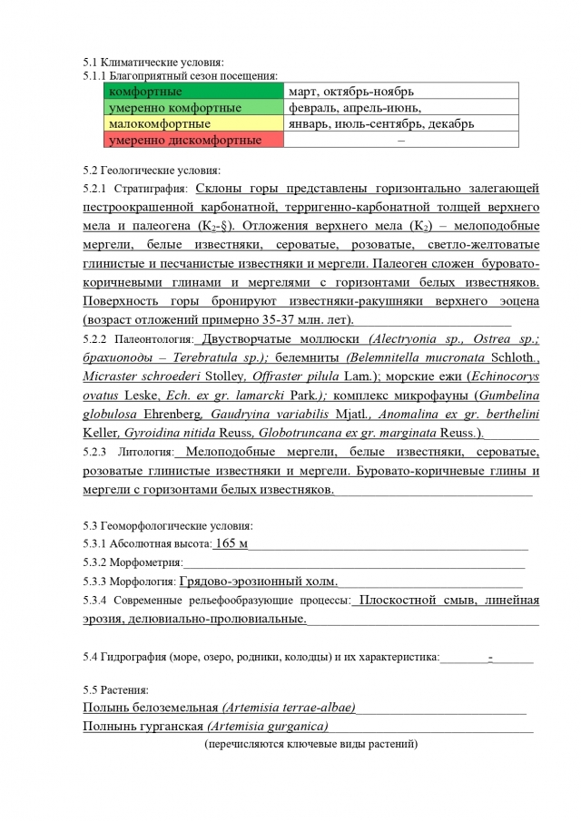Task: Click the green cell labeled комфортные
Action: click(192, 92)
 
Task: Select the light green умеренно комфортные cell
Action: click(192, 108)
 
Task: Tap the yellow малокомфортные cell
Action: click(192, 124)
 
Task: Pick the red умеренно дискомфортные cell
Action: click(192, 141)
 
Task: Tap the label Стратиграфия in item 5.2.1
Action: click(151, 189)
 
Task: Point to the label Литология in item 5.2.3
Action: click(145, 451)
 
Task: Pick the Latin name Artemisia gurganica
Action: click(267, 727)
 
